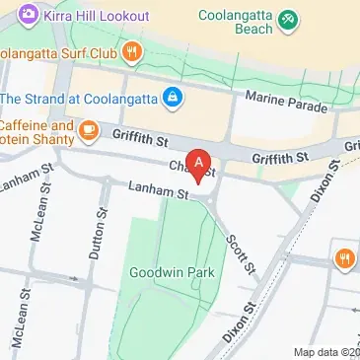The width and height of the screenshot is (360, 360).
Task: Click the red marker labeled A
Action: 200,164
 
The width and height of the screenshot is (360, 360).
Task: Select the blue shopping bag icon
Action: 173,97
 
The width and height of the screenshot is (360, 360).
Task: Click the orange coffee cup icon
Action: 89,128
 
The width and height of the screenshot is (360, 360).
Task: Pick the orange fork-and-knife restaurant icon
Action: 344,258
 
